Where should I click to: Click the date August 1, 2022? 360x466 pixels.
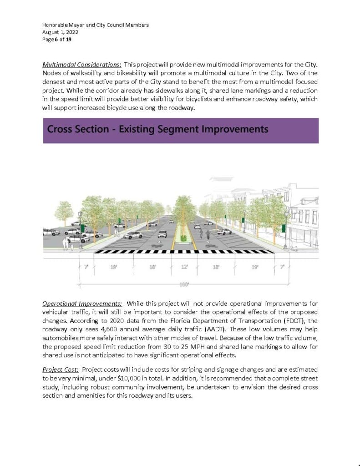coord(60,32)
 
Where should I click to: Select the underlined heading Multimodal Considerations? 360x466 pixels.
coord(82,64)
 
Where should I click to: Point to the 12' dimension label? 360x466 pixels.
coord(184,267)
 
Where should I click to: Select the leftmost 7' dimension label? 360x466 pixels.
coord(86,267)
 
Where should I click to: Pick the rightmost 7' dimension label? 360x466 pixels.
coord(282,267)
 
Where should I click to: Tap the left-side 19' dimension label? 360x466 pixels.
coord(114,267)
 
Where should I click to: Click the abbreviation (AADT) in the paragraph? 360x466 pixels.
coord(256,329)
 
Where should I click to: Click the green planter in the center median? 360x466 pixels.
coord(184,238)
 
